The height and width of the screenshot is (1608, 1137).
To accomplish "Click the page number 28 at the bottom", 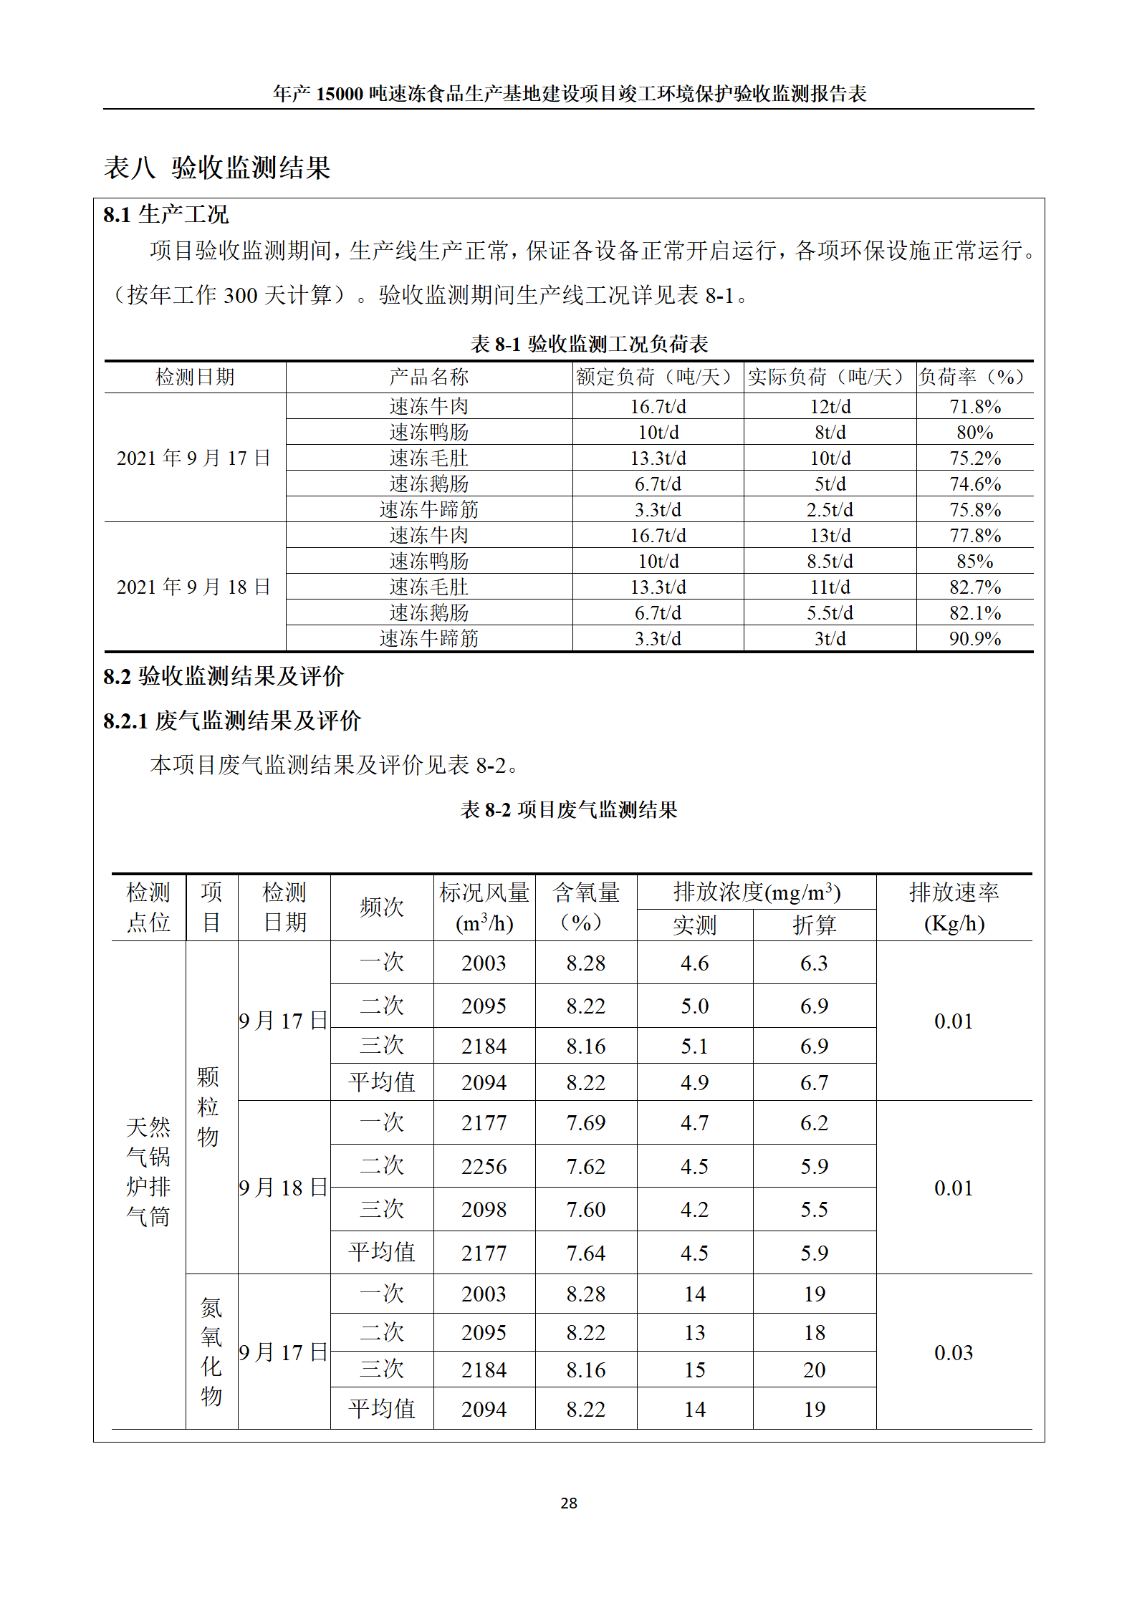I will coord(568,1503).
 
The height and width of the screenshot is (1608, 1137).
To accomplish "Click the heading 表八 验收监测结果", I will coord(217,168).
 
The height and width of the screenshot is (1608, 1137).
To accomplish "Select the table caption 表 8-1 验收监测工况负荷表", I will coord(589,344).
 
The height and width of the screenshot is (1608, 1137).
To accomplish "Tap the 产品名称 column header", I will coord(428,377).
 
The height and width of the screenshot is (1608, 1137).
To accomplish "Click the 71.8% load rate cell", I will coord(974,407).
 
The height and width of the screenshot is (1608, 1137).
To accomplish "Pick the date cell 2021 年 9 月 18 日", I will coord(194,587).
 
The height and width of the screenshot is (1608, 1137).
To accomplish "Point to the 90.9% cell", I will coord(974,639).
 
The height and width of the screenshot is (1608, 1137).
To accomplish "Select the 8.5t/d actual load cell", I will coord(830,562).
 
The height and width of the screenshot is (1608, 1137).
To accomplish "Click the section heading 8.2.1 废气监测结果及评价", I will coord(232,721).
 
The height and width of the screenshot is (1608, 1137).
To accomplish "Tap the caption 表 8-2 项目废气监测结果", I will coord(569,810).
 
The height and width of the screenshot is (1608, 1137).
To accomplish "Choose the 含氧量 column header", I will coord(586,907).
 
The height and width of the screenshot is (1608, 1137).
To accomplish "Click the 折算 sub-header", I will coord(814,925).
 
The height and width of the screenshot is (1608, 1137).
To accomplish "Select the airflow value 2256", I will coord(484,1167).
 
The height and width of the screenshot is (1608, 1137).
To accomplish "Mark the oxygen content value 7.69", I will coord(586,1123).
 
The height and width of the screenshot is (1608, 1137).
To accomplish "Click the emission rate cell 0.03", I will coord(954,1353).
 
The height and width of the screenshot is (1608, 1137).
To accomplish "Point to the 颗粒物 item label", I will coord(208,1107).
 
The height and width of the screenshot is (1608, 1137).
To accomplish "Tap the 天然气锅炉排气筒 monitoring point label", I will coord(148,1173).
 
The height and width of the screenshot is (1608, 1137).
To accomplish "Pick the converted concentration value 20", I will coord(814,1370).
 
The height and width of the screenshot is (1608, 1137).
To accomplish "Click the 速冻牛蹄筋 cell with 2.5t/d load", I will coord(428,510).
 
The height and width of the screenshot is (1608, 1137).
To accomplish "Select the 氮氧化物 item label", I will coord(211,1352).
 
